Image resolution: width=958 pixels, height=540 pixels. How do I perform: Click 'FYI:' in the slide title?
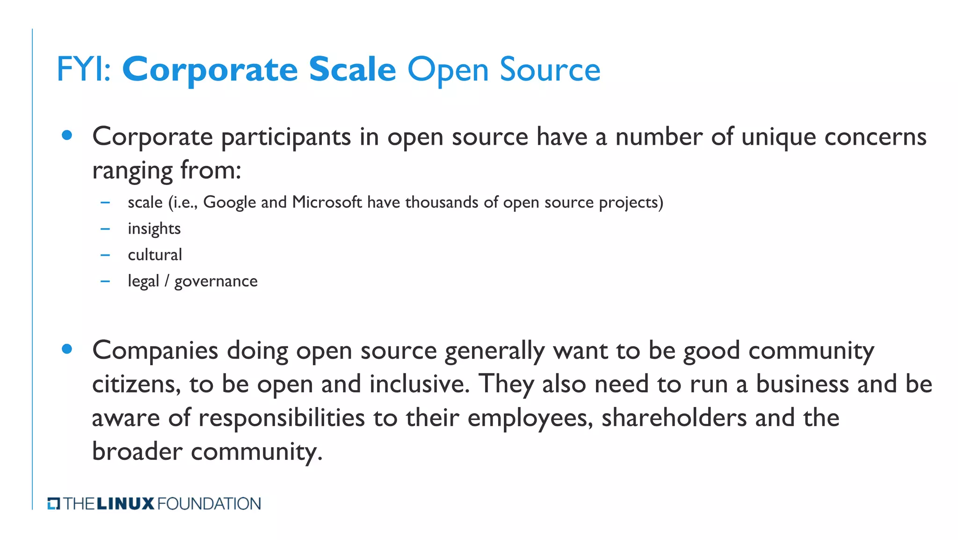pos(84,70)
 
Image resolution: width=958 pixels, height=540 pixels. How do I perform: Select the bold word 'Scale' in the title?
pos(352,70)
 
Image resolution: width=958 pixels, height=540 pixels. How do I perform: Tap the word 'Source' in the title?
pos(550,70)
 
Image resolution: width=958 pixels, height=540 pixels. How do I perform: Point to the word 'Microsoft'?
pos(327,202)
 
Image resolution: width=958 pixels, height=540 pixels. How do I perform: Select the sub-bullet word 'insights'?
pos(154,229)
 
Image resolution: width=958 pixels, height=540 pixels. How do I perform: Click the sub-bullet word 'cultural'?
pos(155,255)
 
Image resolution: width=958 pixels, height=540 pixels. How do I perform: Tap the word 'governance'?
pos(216,281)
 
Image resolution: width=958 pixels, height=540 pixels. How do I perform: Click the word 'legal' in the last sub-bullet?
pos(143,281)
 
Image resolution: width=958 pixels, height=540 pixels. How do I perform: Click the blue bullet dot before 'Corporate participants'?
pos(67,135)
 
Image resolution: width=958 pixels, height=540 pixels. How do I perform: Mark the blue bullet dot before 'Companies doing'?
pos(67,349)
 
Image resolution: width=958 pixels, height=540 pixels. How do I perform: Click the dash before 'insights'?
pos(105,229)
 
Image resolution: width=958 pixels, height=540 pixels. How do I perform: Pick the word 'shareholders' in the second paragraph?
pos(674,418)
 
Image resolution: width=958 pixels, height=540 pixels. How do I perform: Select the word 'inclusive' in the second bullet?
pos(418,384)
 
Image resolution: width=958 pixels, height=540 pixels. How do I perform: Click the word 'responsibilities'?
pos(282,418)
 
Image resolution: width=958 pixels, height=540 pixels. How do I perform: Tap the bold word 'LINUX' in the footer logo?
pos(125,504)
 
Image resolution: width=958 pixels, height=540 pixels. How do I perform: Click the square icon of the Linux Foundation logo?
pos(54,504)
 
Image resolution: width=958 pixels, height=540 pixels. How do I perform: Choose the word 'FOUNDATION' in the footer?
pos(209,504)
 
